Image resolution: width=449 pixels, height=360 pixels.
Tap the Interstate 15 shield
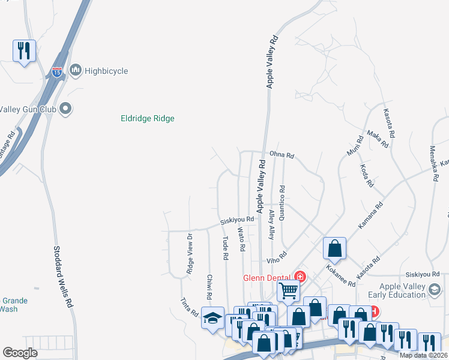pos(57,73)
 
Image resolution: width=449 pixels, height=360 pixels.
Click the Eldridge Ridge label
pos(147,119)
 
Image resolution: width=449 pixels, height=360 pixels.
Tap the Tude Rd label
pos(226,247)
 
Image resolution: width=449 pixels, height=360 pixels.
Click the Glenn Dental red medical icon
pos(300,277)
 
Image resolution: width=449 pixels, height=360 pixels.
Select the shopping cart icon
pos(288,292)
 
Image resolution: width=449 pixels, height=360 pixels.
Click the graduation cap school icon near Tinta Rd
pos(212,318)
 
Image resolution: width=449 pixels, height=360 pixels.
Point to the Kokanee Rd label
pos(340,274)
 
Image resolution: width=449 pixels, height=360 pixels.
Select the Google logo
pos(20,353)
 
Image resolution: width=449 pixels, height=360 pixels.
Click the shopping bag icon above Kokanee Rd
pos(334,248)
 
